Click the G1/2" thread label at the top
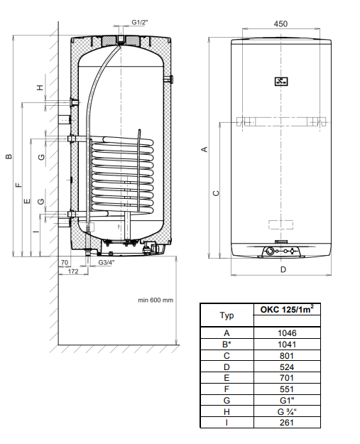tap(140, 22)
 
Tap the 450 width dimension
tap(280, 23)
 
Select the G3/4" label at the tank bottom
tap(107, 262)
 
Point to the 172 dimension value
tap(72, 271)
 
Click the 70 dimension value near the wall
tap(65, 262)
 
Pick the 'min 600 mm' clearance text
tap(156, 300)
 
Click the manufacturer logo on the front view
tap(281, 82)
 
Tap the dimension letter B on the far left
tap(9, 156)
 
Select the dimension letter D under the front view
tap(283, 269)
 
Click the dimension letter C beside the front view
tap(216, 193)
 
